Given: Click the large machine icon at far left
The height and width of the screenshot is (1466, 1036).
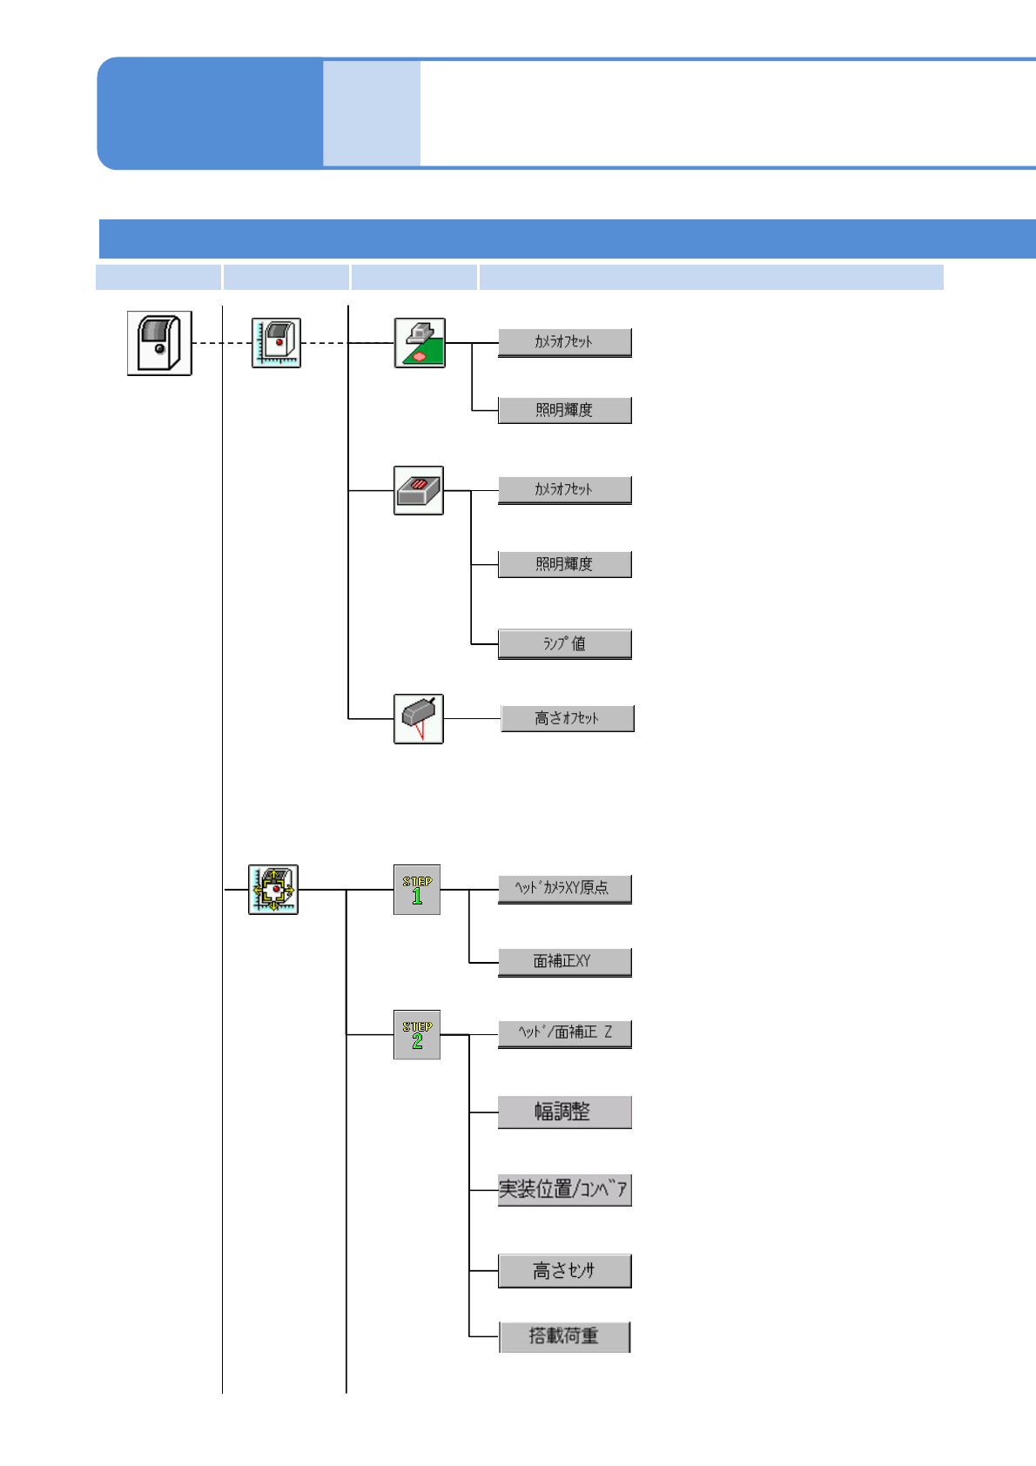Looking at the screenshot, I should coord(159,343).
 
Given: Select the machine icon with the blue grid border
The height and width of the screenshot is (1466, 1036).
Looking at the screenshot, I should coord(276,343).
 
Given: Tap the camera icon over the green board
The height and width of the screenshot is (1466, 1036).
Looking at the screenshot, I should coord(420,343).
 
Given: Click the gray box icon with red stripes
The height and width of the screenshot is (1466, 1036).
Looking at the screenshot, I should coord(419,491).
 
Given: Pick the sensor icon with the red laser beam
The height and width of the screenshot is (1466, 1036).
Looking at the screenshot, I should coord(419,719).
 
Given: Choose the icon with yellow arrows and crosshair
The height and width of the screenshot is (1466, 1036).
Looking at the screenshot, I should coord(273,890).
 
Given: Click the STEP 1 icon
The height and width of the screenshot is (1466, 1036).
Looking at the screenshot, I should coord(417,890).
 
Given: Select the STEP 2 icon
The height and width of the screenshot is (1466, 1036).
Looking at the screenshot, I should coord(417,1035).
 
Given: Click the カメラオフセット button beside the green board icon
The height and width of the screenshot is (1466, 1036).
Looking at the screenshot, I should coord(564,342).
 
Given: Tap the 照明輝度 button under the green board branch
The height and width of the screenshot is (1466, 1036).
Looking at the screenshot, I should coord(564,410).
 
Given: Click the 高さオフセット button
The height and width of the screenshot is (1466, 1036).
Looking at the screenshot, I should coord(568,718).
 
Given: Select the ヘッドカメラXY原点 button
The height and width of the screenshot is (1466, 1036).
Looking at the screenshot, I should coord(564,889).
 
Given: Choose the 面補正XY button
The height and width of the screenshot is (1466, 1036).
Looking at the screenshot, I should coord(564,962).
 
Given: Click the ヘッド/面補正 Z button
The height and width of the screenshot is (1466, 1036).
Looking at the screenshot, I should coord(564,1033).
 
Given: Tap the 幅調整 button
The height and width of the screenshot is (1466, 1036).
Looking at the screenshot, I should coord(564,1113).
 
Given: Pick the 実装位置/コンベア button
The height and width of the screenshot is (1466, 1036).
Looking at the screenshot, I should coord(564,1190).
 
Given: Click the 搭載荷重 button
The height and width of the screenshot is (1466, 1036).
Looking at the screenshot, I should coord(564,1336).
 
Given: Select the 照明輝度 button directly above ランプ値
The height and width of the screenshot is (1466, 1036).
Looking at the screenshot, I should coord(564,564).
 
